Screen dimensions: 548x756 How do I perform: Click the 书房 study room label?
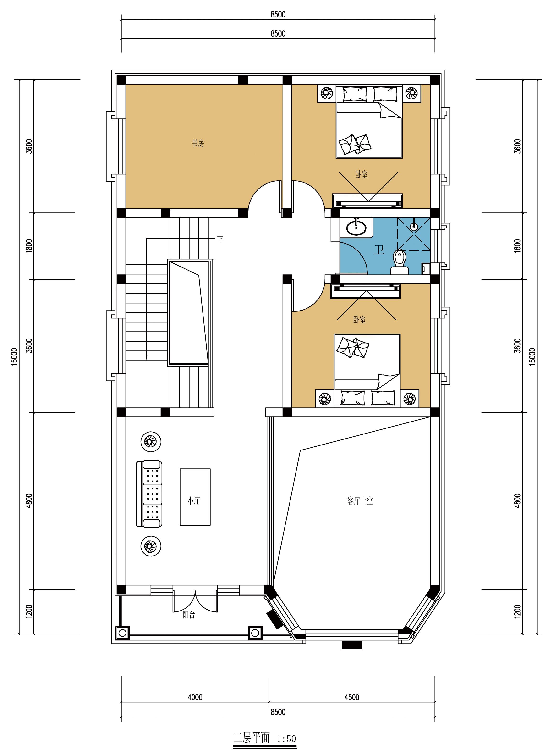(197, 144)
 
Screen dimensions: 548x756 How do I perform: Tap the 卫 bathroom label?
(379, 250)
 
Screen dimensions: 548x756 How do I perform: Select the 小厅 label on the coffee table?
(194, 501)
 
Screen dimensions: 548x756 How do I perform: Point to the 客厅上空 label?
(360, 501)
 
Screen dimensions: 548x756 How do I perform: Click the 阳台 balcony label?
(189, 615)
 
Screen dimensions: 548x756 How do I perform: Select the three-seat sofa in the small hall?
(149, 494)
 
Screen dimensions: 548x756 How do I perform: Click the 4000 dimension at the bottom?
(195, 697)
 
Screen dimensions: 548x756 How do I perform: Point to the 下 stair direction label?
(220, 239)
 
